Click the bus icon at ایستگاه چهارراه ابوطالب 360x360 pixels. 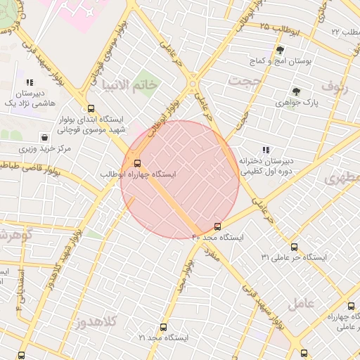[136, 161]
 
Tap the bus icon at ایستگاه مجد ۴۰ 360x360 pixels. [217, 226]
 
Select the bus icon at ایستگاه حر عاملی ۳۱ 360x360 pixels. [294, 247]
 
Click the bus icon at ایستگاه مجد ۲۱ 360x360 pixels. [163, 327]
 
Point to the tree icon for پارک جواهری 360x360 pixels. [296, 91]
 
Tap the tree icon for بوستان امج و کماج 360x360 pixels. [280, 50]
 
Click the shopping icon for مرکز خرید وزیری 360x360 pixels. [45, 138]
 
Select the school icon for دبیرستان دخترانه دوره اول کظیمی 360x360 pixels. [266, 150]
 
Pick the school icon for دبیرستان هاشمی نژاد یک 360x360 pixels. [30, 82]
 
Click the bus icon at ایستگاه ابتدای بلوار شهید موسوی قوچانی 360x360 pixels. [90, 108]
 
